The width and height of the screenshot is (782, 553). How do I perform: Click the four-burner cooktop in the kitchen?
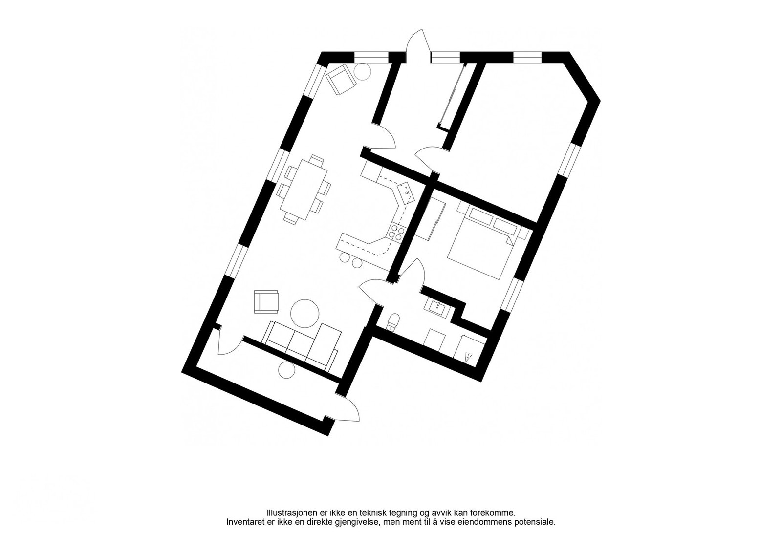tap(396, 234)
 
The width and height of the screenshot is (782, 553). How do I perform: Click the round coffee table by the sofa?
tap(305, 313)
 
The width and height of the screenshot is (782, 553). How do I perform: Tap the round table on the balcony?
tap(287, 370)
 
